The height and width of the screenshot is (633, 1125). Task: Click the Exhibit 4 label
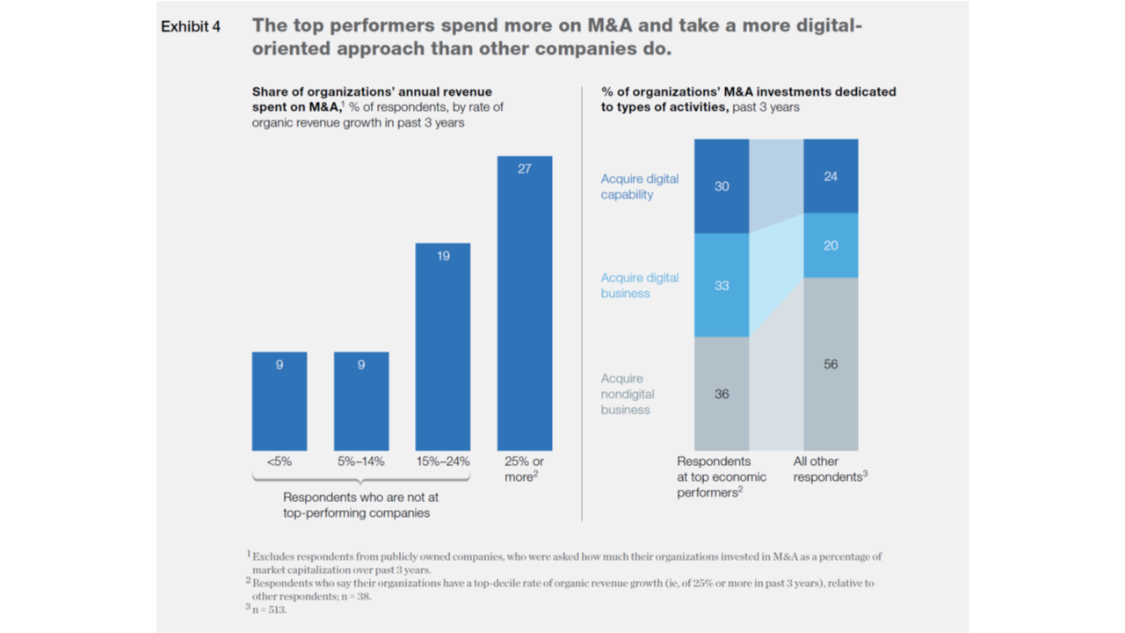(x=190, y=27)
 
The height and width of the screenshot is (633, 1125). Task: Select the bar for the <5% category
(x=279, y=401)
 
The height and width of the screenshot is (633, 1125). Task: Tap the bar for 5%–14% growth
(x=361, y=401)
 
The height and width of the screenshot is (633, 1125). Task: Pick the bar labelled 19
(x=443, y=346)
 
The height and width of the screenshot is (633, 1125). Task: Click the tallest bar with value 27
(x=525, y=303)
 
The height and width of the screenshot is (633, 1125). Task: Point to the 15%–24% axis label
(x=443, y=462)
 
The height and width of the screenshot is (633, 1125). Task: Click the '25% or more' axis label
(x=525, y=469)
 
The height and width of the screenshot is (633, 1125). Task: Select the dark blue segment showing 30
(x=722, y=186)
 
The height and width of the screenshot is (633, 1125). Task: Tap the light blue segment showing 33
(x=722, y=285)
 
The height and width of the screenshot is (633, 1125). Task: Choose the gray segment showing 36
(x=722, y=394)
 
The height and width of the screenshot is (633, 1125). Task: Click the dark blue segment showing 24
(x=831, y=176)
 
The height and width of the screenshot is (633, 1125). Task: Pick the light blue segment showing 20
(x=831, y=245)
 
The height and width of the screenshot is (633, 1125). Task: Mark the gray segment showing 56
(x=831, y=364)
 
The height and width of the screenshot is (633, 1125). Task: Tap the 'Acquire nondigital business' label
(x=628, y=394)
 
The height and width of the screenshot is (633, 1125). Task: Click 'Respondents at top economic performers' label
(x=721, y=477)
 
